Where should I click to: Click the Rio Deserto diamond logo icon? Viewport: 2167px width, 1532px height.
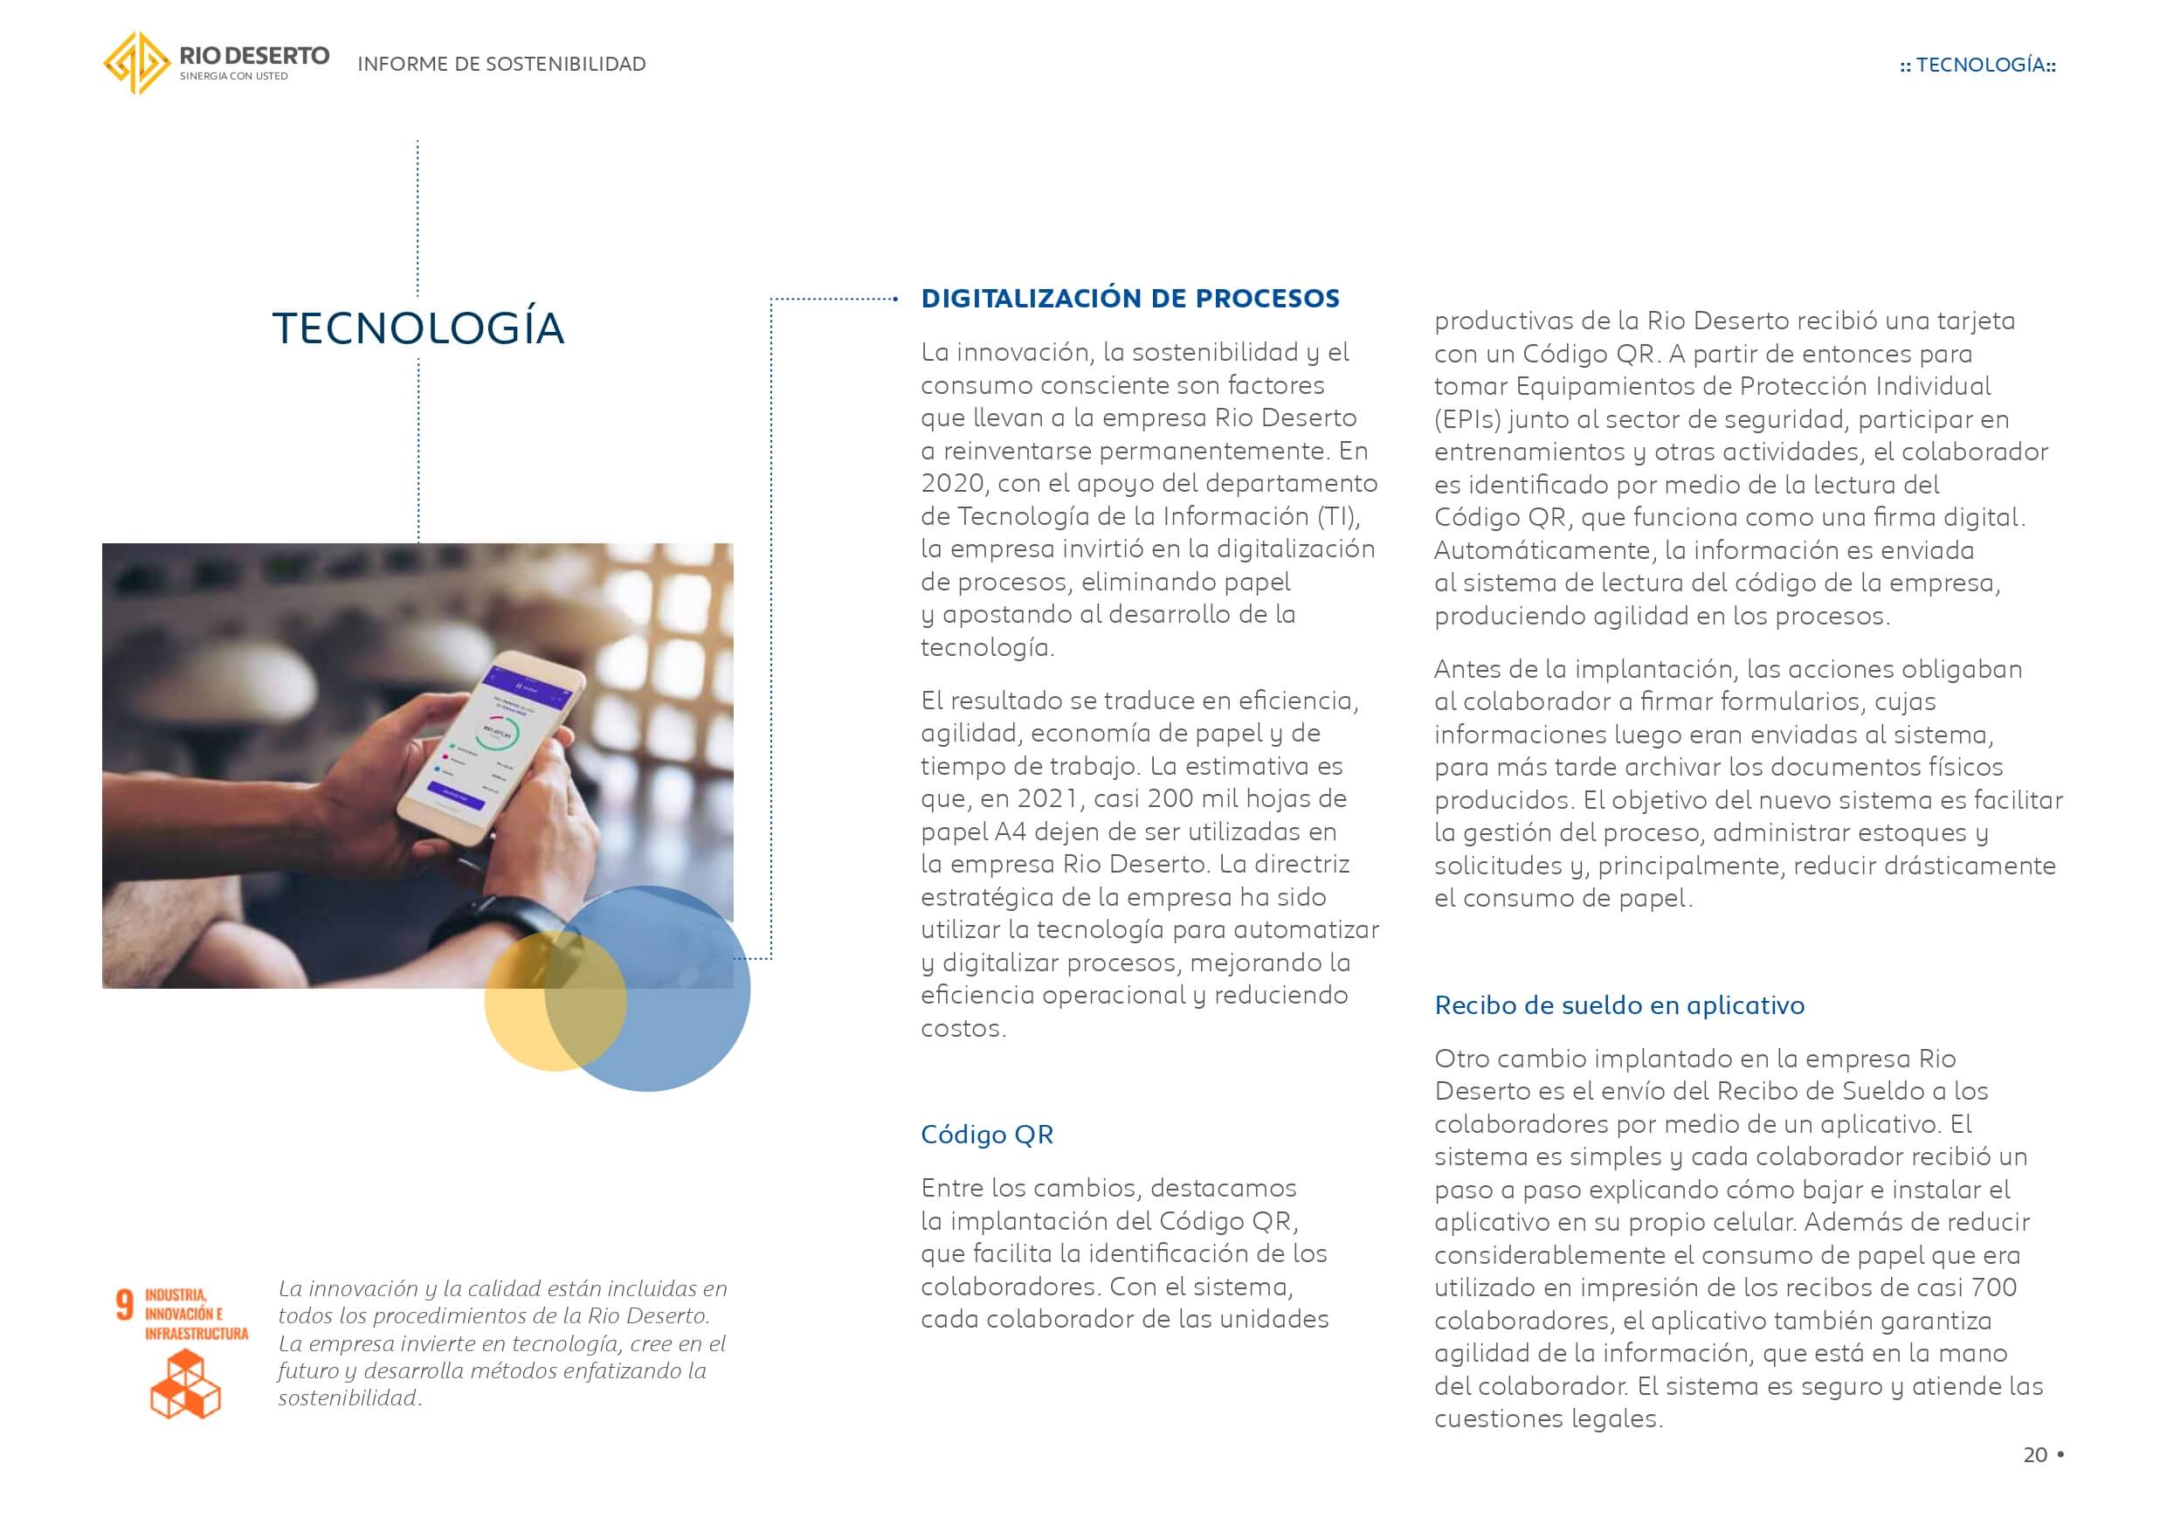[x=136, y=63]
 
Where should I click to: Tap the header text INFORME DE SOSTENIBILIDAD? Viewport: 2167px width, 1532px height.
[x=501, y=64]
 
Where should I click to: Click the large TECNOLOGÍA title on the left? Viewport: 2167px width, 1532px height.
[x=418, y=328]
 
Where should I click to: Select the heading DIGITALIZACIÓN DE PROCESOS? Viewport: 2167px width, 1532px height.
[x=1129, y=299]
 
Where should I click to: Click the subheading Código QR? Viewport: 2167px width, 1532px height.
[x=986, y=1134]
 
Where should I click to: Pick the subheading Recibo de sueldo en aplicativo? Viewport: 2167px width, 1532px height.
[x=1618, y=1004]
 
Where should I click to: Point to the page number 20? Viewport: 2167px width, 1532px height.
[x=2035, y=1454]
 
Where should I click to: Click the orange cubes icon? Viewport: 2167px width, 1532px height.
[x=185, y=1383]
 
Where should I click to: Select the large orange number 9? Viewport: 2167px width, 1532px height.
[x=125, y=1305]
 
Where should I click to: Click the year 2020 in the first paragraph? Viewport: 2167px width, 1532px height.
[x=952, y=483]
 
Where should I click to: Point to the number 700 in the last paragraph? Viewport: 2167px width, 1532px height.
[x=1992, y=1287]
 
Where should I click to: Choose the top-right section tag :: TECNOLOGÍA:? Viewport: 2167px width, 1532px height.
[x=1977, y=66]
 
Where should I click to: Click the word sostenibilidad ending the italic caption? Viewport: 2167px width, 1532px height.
[x=348, y=1398]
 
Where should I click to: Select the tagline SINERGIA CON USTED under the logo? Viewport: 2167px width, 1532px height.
[x=234, y=77]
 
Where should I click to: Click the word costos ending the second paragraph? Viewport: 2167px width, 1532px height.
[x=962, y=1028]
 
